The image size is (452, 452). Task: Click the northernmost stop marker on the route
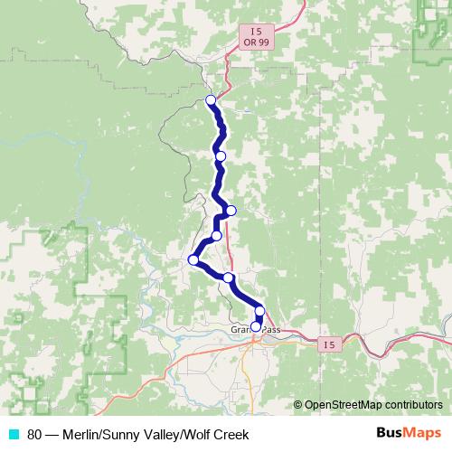pyautogui.click(x=211, y=100)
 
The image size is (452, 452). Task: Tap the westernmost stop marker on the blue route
pyautogui.click(x=193, y=260)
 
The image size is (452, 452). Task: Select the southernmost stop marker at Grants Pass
pyautogui.click(x=256, y=327)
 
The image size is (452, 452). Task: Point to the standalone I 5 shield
pyautogui.click(x=330, y=344)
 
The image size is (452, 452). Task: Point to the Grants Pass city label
pyautogui.click(x=256, y=331)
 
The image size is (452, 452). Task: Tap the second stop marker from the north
pyautogui.click(x=220, y=156)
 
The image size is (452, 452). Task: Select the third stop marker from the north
pyautogui.click(x=231, y=211)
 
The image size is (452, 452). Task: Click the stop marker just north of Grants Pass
pyautogui.click(x=260, y=312)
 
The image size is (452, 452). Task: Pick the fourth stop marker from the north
pyautogui.click(x=216, y=236)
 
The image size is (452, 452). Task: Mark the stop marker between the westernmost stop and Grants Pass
pyautogui.click(x=229, y=278)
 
